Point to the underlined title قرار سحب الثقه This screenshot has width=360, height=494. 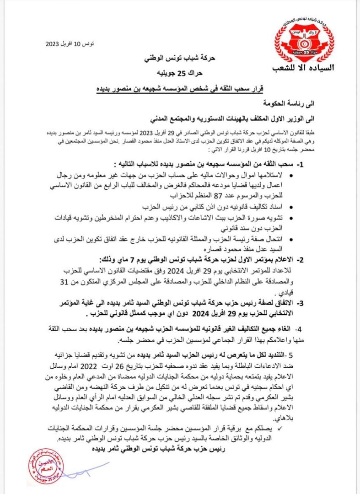[x=180, y=87]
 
